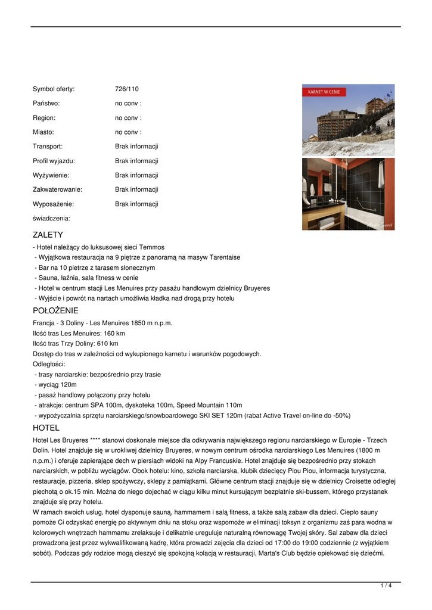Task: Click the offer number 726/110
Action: click(x=126, y=89)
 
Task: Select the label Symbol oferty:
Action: click(x=54, y=89)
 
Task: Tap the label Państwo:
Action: click(x=46, y=104)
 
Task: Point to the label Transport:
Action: click(x=48, y=147)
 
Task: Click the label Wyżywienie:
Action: click(x=51, y=175)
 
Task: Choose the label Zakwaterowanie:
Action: click(x=57, y=189)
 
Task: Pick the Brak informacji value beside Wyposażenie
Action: click(x=136, y=204)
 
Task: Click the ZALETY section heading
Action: click(x=48, y=235)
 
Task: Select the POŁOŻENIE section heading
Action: click(x=55, y=310)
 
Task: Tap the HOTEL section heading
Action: click(x=46, y=428)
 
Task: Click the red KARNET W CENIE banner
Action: click(x=324, y=92)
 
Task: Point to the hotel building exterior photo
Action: click(x=348, y=122)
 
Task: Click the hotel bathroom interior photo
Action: click(x=348, y=194)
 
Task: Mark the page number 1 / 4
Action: click(x=386, y=586)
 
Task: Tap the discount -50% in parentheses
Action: click(x=341, y=416)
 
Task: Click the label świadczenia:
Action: click(x=51, y=218)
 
